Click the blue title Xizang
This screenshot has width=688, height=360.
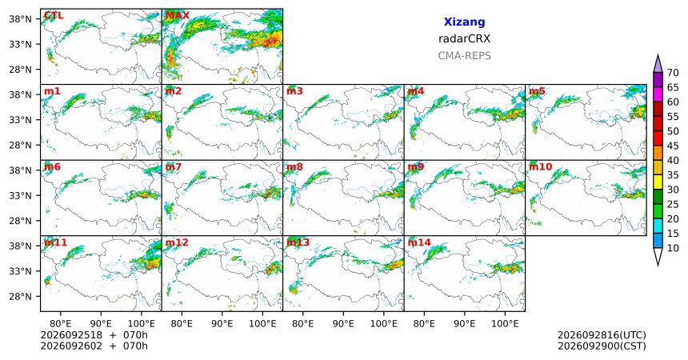pyautogui.click(x=464, y=22)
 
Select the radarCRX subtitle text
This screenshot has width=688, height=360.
pyautogui.click(x=464, y=38)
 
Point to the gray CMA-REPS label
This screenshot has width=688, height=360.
pyautogui.click(x=464, y=56)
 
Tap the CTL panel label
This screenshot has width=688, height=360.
pyautogui.click(x=54, y=16)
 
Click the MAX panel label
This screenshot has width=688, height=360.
pyautogui.click(x=178, y=16)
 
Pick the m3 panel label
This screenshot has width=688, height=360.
pyautogui.click(x=295, y=91)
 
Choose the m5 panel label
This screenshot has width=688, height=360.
pyautogui.click(x=537, y=91)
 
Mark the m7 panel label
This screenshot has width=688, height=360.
pyautogui.click(x=174, y=167)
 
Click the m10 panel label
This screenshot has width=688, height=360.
pyautogui.click(x=541, y=167)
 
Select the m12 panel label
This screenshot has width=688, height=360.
pyautogui.click(x=177, y=242)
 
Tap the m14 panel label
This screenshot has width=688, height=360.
pyautogui.click(x=419, y=242)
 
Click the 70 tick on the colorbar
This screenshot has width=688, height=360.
pyautogui.click(x=673, y=73)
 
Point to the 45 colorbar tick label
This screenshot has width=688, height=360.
pyautogui.click(x=673, y=146)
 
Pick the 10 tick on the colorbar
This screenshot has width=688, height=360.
pyautogui.click(x=673, y=248)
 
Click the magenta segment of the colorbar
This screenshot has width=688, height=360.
pyautogui.click(x=658, y=94)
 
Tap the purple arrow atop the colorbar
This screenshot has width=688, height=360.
pyautogui.click(x=658, y=65)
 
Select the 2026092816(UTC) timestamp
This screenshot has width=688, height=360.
pyautogui.click(x=602, y=335)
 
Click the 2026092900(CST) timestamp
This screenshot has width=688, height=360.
pyautogui.click(x=602, y=346)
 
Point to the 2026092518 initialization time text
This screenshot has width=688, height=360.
pyautogui.click(x=71, y=335)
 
